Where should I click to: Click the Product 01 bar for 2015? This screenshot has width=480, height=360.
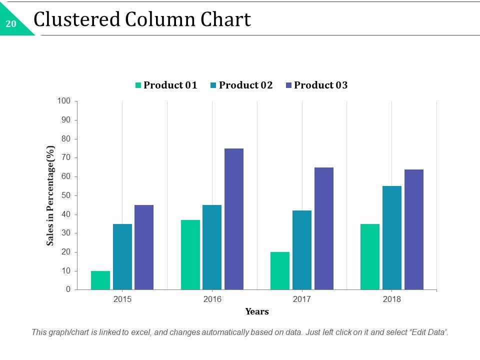tap(100, 280)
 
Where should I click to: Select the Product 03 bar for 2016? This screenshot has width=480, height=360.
tap(234, 219)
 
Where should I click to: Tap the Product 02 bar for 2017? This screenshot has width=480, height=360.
tap(302, 250)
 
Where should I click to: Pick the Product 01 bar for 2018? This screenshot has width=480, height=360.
tap(370, 256)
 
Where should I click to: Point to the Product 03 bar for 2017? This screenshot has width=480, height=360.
tap(324, 228)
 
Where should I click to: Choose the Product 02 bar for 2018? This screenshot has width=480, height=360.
tap(392, 238)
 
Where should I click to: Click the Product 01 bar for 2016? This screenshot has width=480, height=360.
tap(190, 254)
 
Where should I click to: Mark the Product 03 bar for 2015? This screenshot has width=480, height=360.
tap(144, 247)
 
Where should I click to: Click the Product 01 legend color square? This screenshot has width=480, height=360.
tap(138, 85)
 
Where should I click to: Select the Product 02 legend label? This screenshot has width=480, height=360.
tap(245, 85)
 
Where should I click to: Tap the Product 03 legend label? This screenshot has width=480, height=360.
tap(320, 85)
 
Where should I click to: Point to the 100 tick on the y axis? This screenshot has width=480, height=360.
tap(64, 101)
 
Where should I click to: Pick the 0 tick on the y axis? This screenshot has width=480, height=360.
tap(68, 289)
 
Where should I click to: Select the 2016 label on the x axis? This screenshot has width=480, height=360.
tap(212, 299)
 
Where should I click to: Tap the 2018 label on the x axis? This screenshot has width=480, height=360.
tap(392, 299)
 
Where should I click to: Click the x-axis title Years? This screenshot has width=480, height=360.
tap(257, 311)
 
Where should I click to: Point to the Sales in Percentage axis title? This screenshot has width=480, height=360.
tap(50, 195)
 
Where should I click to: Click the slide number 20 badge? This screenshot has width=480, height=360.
tap(11, 23)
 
